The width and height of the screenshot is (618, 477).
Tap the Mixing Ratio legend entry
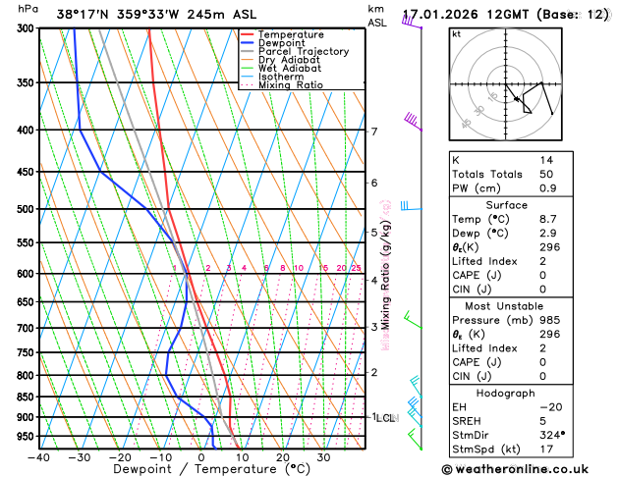[290, 85]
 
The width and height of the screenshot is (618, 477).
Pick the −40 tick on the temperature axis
[38, 457]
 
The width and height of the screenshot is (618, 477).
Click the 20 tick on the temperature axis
[283, 457]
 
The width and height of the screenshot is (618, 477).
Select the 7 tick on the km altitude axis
[374, 132]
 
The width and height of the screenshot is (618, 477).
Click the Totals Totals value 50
[546, 174]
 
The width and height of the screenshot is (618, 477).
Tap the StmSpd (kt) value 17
[546, 449]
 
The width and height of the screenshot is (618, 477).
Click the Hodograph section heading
[506, 392]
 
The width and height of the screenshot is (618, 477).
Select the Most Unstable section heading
[506, 305]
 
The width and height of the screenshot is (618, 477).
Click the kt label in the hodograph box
[456, 33]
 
